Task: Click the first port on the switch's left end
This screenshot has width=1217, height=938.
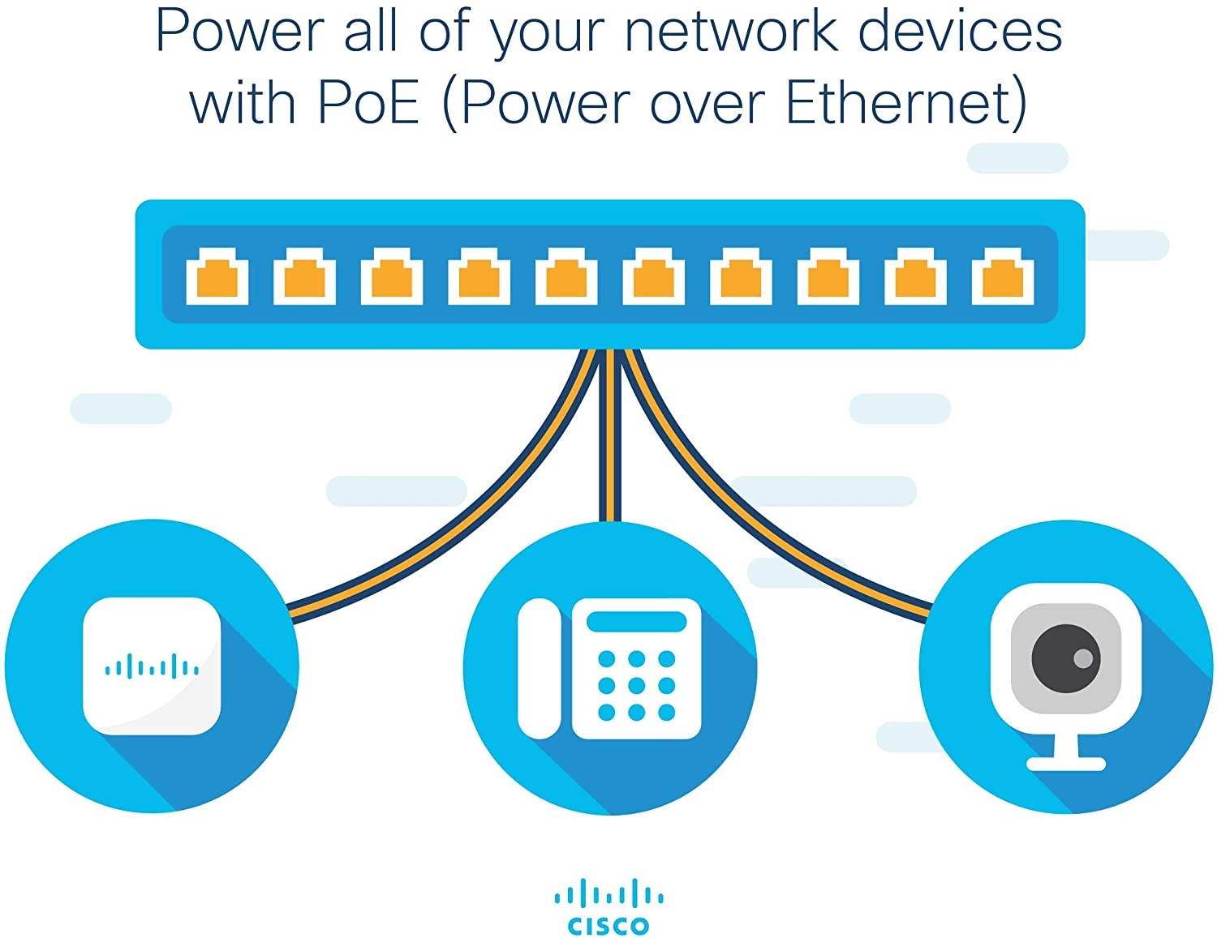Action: pyautogui.click(x=217, y=281)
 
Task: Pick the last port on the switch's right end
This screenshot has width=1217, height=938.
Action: pyautogui.click(x=1003, y=281)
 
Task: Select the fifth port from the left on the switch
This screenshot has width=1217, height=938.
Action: pyautogui.click(x=566, y=281)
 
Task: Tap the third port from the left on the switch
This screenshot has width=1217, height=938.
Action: pyautogui.click(x=392, y=281)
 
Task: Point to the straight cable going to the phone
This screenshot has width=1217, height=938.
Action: pyautogui.click(x=610, y=454)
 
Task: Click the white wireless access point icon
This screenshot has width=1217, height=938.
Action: pyautogui.click(x=152, y=666)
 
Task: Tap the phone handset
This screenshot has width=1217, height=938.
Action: pyautogui.click(x=540, y=669)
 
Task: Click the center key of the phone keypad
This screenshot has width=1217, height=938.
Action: pyautogui.click(x=636, y=686)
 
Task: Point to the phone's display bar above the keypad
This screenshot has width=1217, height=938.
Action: pyautogui.click(x=636, y=623)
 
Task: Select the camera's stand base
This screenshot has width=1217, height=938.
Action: pyautogui.click(x=1065, y=764)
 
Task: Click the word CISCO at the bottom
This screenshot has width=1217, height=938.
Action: pyautogui.click(x=608, y=925)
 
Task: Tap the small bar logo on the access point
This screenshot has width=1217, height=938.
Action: pyautogui.click(x=152, y=668)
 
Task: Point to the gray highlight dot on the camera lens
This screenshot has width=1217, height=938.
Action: pyautogui.click(x=1082, y=657)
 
